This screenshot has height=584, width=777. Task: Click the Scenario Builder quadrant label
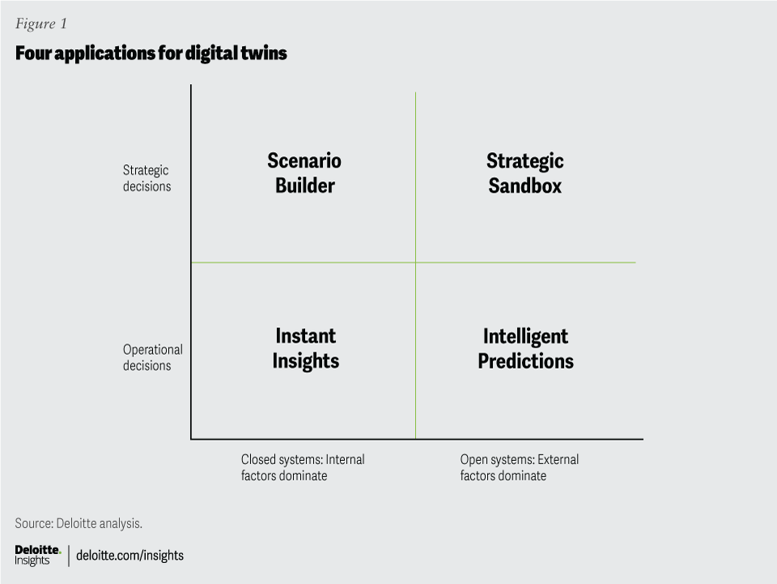tap(304, 173)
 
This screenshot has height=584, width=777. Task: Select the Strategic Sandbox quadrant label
tap(524, 173)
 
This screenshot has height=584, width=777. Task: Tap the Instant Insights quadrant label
tap(306, 348)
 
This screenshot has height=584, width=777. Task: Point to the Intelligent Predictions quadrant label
tap(526, 348)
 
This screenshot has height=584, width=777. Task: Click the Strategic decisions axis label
tap(146, 178)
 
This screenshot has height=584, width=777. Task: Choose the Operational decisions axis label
tap(153, 357)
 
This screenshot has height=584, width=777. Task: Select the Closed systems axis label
tap(303, 467)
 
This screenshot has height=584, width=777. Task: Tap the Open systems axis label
tap(520, 467)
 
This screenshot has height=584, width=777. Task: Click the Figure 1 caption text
tap(41, 23)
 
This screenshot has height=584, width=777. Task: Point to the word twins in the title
tap(264, 53)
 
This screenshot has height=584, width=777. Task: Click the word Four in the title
tap(33, 53)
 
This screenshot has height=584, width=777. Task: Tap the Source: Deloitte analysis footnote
tap(79, 523)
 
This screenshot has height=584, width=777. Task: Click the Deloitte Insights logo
tap(38, 556)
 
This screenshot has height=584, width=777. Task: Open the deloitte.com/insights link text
tap(129, 556)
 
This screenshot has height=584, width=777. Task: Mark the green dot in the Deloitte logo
tap(60, 552)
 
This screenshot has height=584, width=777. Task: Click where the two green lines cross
tap(415, 262)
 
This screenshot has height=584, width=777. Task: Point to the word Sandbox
tap(524, 185)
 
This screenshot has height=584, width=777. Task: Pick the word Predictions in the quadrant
tap(526, 361)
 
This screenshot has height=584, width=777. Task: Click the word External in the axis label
tap(558, 459)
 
